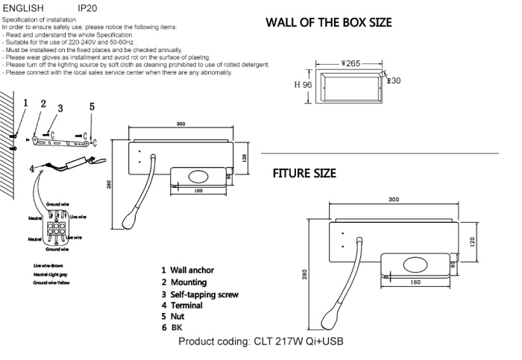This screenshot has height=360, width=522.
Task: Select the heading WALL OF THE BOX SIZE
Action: (x=329, y=22)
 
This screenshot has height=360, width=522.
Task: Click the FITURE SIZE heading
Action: (x=304, y=173)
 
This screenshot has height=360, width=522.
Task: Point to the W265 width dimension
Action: (x=350, y=64)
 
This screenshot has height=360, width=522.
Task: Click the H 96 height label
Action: (x=303, y=85)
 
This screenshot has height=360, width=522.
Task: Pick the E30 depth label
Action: (x=394, y=80)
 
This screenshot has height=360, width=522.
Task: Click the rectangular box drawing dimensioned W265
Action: (x=350, y=86)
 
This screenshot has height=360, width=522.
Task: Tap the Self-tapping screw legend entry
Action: (x=200, y=294)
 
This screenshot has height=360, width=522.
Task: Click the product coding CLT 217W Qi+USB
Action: (x=260, y=341)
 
